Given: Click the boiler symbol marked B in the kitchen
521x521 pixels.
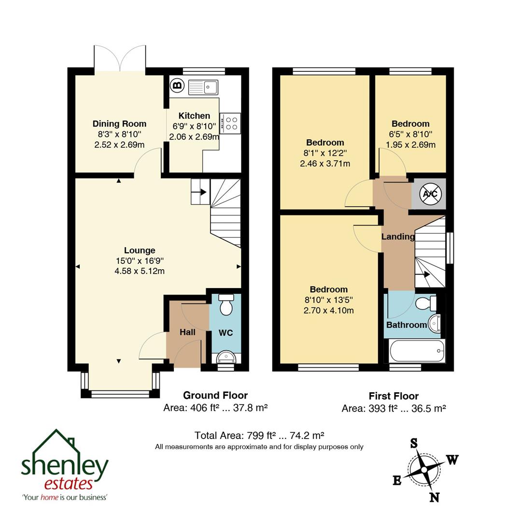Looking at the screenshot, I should pos(177,86).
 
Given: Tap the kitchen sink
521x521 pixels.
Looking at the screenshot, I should pos(203,87).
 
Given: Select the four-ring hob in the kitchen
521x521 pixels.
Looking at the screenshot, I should pos(230,123).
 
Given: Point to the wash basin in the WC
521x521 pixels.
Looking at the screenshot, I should pos(226,356).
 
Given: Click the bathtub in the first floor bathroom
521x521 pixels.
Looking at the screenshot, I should pos(417,351).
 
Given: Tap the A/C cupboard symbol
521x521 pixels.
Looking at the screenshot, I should pos(429,194).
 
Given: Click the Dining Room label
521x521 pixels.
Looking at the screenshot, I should pos(119,124).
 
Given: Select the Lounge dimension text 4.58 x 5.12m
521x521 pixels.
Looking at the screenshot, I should pos(140,271).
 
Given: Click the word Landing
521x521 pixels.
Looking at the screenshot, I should pos(398,237).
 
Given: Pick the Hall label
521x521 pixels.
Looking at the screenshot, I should pos(187,332).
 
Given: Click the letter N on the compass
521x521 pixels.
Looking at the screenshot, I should pos(435,497).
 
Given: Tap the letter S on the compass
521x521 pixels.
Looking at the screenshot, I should pos(414,443).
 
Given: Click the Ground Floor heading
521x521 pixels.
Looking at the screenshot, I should pos(215,396).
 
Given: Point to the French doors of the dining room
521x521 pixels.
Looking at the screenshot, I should pos(120,59).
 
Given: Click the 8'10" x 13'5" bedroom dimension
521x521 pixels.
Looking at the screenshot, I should pos(328,300).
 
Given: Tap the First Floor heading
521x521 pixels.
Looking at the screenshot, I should pos(394,396).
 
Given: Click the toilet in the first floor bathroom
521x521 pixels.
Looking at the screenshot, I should pos(427,303).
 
